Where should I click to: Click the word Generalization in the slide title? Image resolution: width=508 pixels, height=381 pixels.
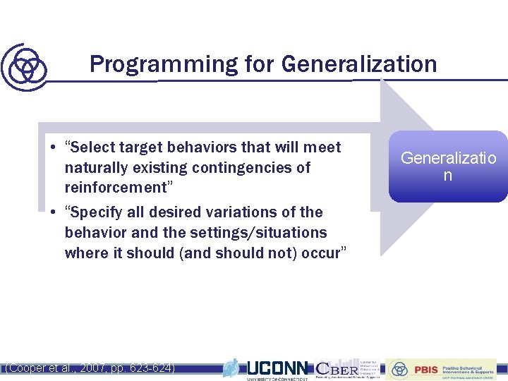[x=359, y=64]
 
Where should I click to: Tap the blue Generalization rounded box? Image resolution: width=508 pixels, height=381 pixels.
[x=448, y=167]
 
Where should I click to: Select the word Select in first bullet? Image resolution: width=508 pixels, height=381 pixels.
[x=90, y=147]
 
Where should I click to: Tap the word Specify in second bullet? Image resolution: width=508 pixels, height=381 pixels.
[x=92, y=212]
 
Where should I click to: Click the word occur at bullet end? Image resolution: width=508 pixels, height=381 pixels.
[x=320, y=253]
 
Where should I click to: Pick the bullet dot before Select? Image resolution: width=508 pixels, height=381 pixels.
[x=53, y=148]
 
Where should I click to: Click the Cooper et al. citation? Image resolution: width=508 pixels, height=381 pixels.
[x=90, y=368]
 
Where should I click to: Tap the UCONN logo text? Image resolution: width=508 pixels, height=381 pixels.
[x=277, y=368]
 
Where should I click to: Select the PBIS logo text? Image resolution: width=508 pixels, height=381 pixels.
[x=425, y=369]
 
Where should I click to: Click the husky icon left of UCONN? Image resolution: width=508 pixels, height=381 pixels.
[x=231, y=368]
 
